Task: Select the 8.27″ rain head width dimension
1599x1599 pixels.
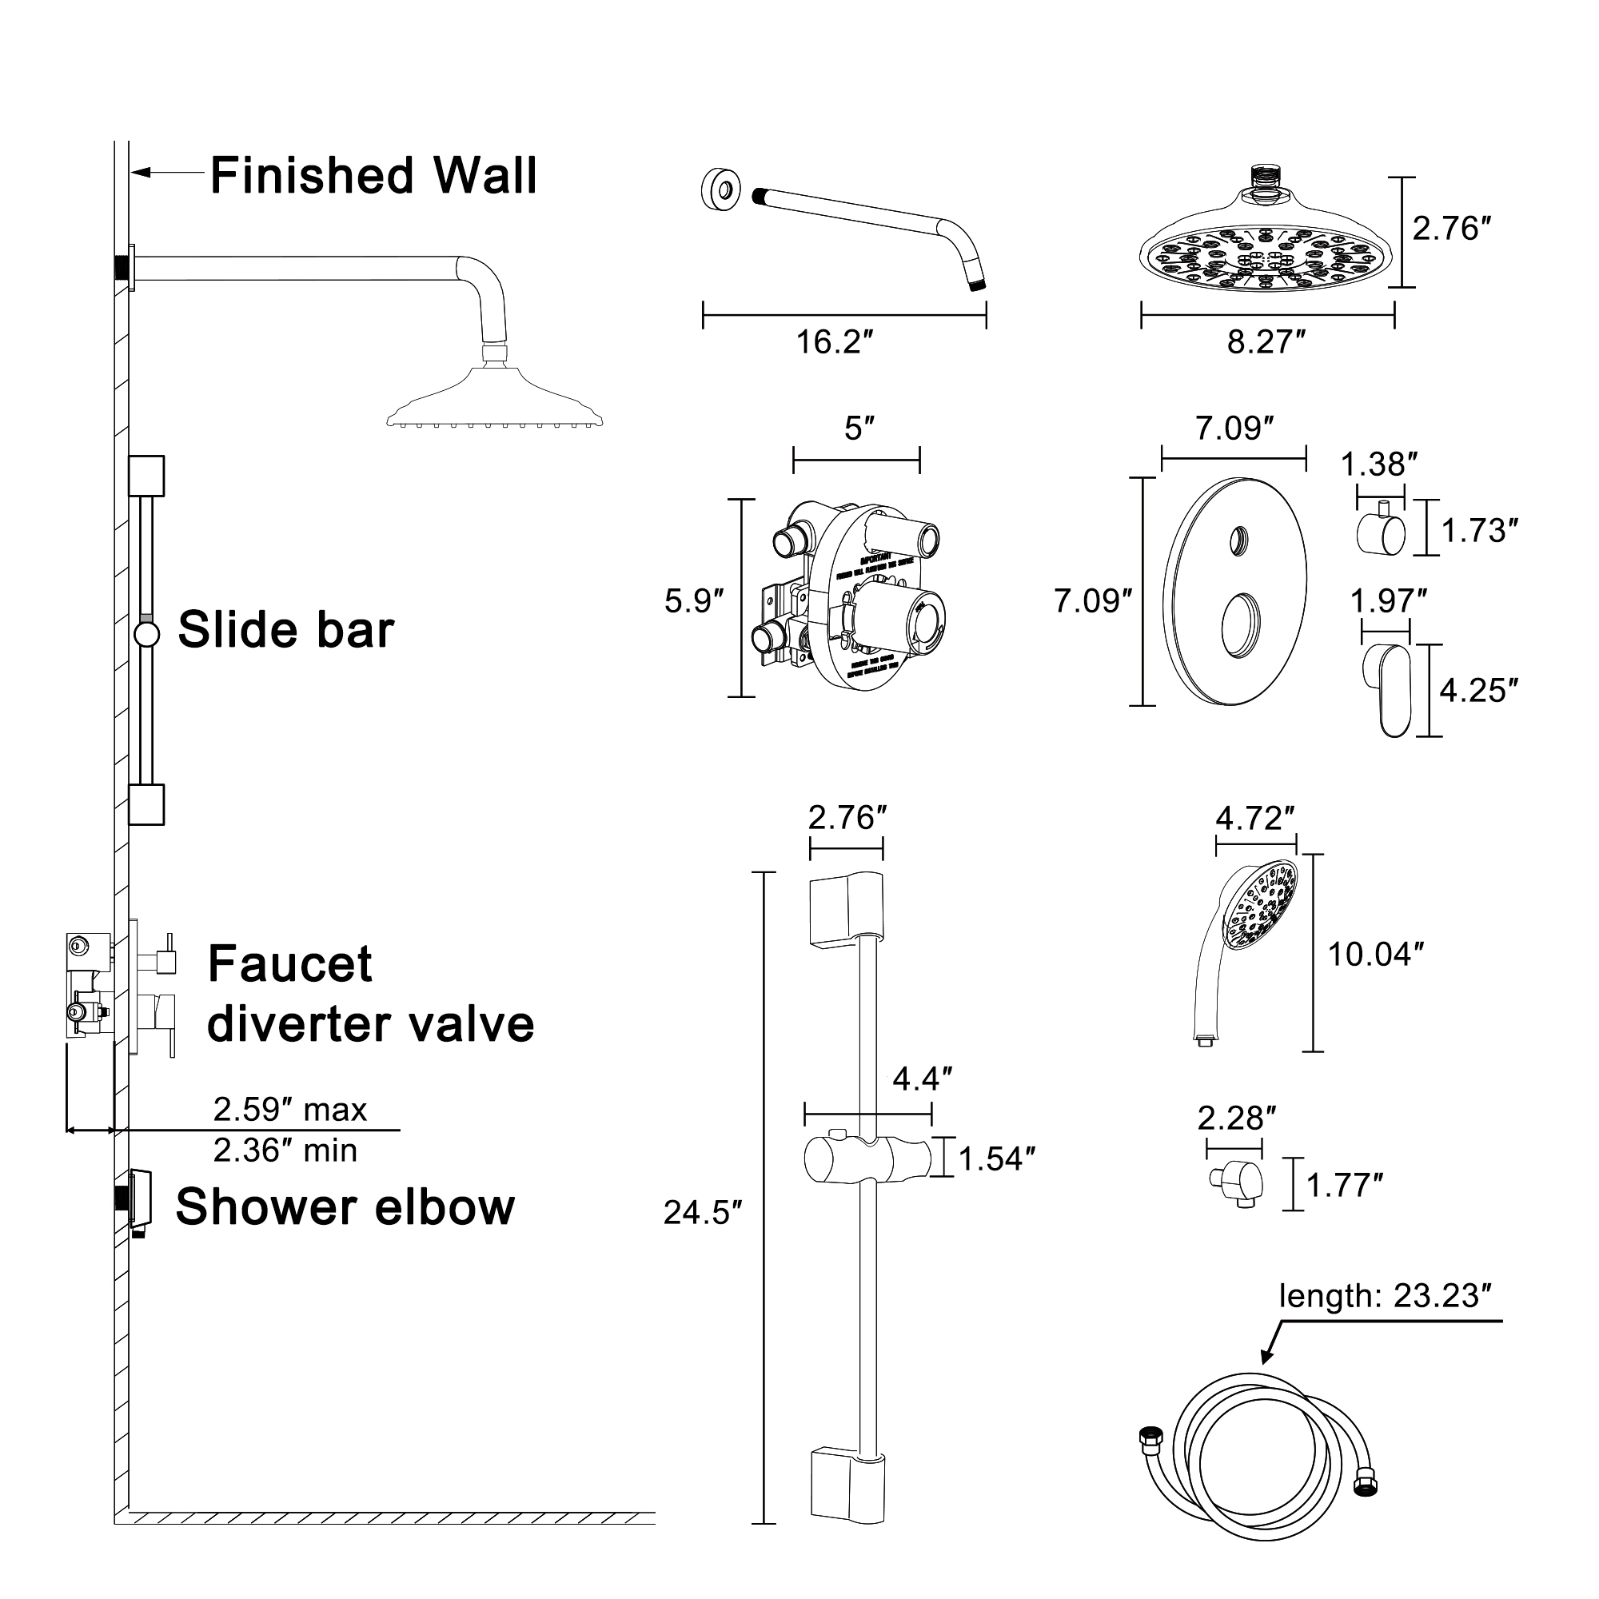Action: point(1266,342)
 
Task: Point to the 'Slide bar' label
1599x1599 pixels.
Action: point(285,630)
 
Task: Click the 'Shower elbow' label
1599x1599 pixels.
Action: point(345,1206)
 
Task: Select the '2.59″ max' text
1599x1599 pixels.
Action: point(289,1110)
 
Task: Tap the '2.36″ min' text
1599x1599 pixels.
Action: point(285,1150)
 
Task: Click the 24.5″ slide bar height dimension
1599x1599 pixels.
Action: point(703,1213)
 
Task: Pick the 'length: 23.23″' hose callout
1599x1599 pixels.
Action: point(1390,1295)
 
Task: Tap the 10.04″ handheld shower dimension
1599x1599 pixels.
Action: point(1374,955)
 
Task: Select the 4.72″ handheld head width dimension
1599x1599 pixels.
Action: point(1254,819)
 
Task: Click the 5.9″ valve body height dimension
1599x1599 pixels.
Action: point(693,601)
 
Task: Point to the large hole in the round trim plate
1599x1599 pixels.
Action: point(1242,626)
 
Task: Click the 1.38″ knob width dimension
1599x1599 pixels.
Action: point(1379,465)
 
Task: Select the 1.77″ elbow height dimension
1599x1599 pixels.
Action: point(1344,1185)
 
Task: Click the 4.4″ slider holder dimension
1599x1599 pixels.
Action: point(922,1079)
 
